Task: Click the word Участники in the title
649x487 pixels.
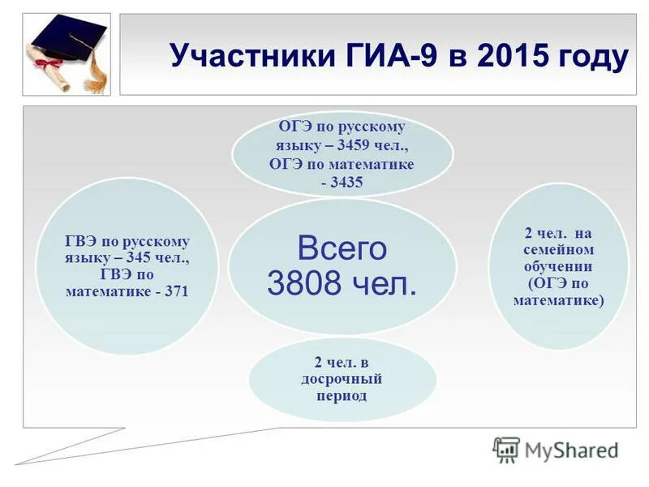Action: [246, 57]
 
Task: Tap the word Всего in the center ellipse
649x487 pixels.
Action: [342, 248]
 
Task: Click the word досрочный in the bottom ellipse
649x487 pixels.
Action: [342, 378]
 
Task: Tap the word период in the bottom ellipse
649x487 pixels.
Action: [342, 395]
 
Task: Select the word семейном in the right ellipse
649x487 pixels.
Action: [558, 250]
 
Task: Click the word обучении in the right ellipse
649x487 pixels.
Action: [558, 266]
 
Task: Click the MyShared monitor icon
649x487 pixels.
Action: [506, 449]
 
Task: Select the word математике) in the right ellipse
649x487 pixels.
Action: [558, 300]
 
